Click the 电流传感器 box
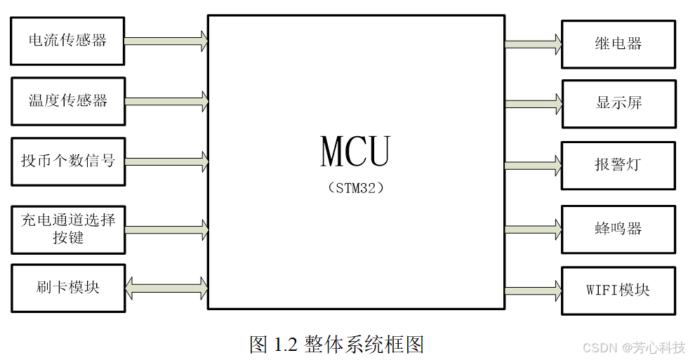(67, 41)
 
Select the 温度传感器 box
(67, 101)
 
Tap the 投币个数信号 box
(67, 161)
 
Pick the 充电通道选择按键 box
(67, 229)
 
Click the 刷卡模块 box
(67, 288)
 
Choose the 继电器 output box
(618, 44)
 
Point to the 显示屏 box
(618, 104)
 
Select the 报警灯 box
(618, 165)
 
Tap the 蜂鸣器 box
(618, 229)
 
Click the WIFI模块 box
(618, 290)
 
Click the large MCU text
(355, 151)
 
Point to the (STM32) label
(355, 188)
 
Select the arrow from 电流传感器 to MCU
(166, 41)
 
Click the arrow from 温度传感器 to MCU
(166, 101)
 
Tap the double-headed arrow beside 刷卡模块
(166, 287)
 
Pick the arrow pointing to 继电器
(533, 44)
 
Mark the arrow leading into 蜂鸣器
(533, 229)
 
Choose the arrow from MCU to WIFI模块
(533, 291)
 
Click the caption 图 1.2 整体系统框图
(337, 344)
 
